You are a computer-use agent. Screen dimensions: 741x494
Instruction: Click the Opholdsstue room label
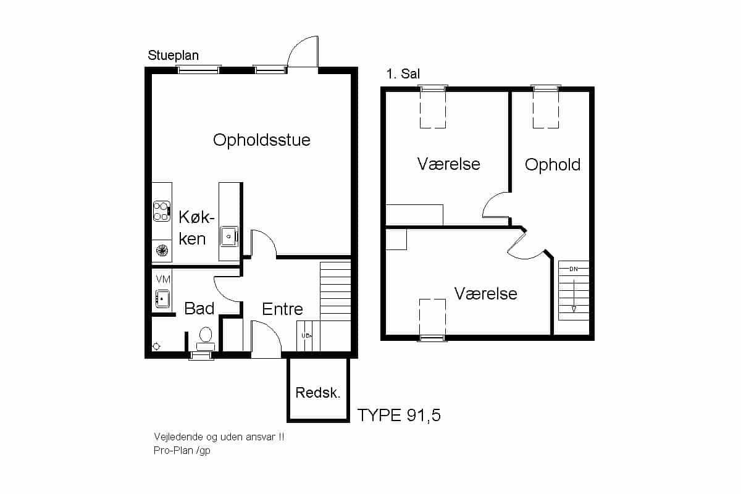coord(262,140)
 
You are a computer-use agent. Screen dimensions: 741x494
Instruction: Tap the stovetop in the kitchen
coord(162,211)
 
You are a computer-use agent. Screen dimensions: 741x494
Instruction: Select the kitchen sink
coord(229,237)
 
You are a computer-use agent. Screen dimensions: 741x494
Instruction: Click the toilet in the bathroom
coord(206,338)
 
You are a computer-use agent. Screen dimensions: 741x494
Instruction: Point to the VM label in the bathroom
coord(163,280)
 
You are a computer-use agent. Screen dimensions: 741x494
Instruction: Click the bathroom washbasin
coord(162,299)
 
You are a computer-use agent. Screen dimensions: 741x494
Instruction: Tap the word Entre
coord(283,309)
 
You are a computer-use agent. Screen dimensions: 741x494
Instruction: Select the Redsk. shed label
coord(318,393)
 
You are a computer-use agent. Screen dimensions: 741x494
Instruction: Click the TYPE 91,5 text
coord(399,415)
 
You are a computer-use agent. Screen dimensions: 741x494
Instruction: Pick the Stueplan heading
coord(173,56)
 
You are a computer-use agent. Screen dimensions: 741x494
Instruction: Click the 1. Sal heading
coord(403,73)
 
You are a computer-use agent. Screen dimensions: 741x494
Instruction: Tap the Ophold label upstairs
coord(553,165)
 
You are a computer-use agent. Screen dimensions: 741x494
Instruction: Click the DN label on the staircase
coord(574,269)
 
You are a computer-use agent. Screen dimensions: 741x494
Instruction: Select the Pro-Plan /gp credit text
coord(182,451)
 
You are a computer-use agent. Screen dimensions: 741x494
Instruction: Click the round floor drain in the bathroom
coord(156,346)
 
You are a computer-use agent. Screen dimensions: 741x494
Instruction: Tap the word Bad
coord(199,308)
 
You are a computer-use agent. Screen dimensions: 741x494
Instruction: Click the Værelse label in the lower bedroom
coord(485,293)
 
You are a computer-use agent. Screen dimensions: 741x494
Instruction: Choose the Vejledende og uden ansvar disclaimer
coord(219,437)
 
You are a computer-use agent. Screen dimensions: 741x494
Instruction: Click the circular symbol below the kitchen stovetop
coord(162,251)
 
